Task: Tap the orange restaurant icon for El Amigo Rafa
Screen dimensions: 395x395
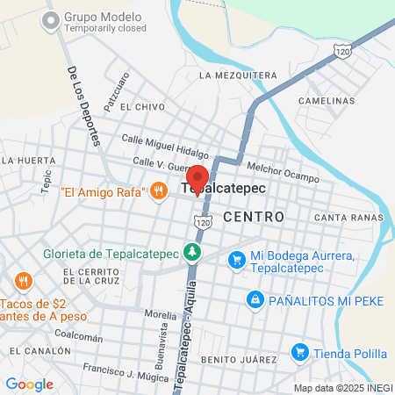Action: point(159,190)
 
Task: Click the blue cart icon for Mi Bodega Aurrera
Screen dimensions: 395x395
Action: point(236,259)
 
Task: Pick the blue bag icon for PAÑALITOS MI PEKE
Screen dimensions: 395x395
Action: point(255,300)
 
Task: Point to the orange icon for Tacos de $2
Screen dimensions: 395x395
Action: point(23,282)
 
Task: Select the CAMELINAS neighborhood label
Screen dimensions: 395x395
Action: point(327,101)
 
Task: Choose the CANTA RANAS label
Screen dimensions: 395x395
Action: point(348,217)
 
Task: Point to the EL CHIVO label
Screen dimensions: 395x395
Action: point(142,106)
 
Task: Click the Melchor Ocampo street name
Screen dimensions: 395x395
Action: point(283,170)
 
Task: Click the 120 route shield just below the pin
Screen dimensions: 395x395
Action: point(204,224)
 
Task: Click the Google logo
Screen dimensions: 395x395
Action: point(29,384)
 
